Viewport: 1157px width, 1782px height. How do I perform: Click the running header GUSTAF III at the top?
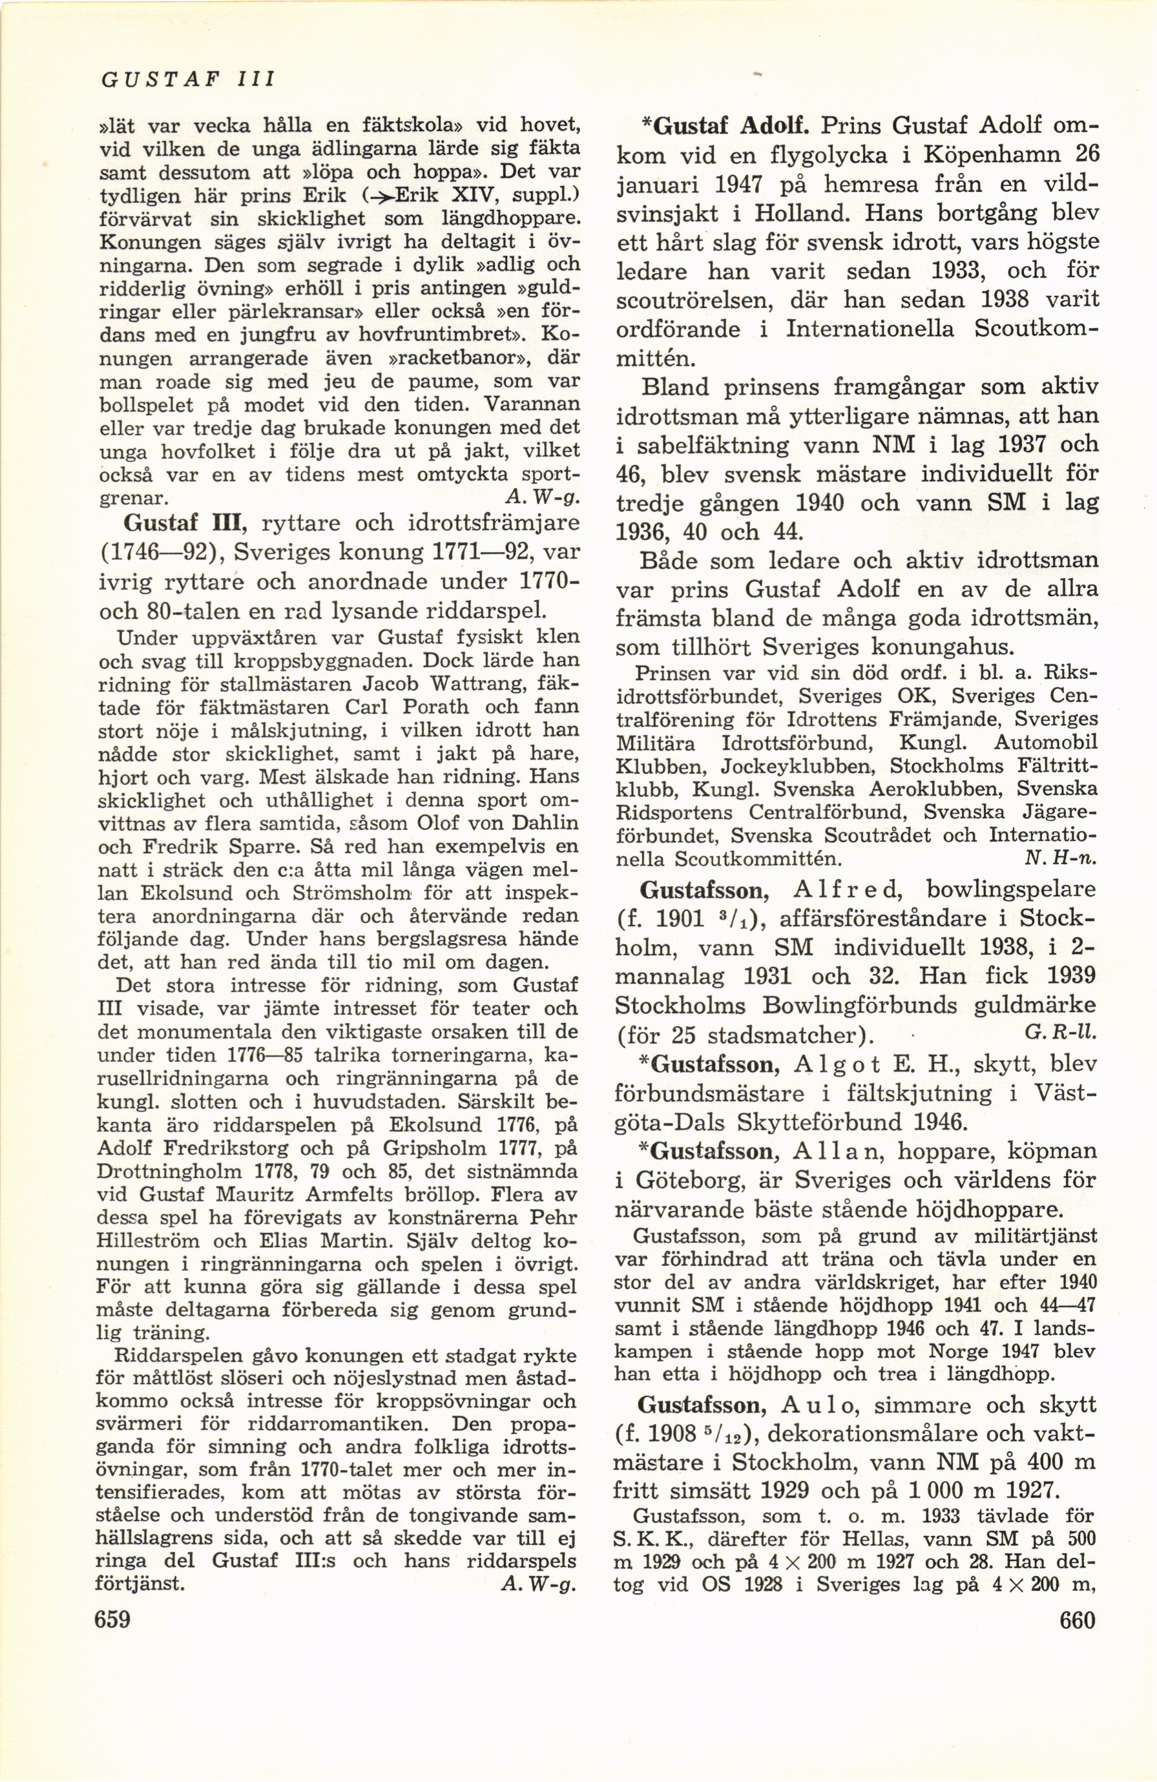(x=189, y=78)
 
